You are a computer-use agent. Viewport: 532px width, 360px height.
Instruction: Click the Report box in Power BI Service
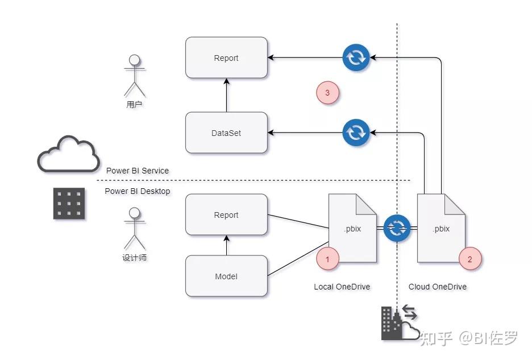coord(226,57)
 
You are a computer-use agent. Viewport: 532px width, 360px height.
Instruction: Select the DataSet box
coord(226,133)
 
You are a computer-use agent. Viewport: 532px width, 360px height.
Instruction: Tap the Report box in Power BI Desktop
coord(226,214)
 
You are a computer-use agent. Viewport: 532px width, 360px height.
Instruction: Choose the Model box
coord(226,276)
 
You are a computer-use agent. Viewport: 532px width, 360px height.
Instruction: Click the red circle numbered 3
coord(327,93)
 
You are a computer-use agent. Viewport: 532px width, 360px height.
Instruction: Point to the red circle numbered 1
coord(327,259)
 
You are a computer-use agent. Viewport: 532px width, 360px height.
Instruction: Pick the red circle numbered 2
coord(469,259)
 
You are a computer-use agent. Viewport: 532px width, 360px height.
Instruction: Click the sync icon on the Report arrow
coord(356,57)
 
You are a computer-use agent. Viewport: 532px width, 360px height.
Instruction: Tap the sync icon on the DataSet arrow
coord(356,133)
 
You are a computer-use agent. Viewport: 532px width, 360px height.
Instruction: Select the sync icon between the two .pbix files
coord(396,228)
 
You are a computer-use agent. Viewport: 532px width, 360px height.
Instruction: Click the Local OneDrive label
coord(342,287)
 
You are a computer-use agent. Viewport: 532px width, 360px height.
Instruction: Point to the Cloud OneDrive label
coord(438,287)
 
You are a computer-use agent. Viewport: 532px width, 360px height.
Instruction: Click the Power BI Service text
coord(138,170)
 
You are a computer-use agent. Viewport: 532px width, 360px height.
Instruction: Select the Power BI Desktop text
coord(138,191)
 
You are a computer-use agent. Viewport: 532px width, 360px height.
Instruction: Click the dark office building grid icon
coord(69,203)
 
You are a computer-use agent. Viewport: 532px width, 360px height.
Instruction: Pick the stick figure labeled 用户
coord(134,75)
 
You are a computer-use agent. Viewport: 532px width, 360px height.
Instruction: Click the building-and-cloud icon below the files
coord(400,324)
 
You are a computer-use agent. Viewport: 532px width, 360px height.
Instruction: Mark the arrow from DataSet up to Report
coord(226,95)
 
